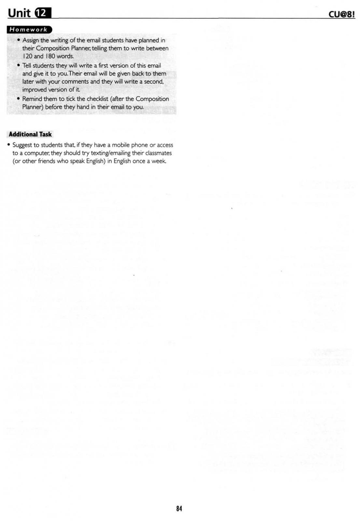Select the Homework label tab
point(29,30)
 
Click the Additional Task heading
point(30,134)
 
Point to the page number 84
point(179,508)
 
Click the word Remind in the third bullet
point(32,99)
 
